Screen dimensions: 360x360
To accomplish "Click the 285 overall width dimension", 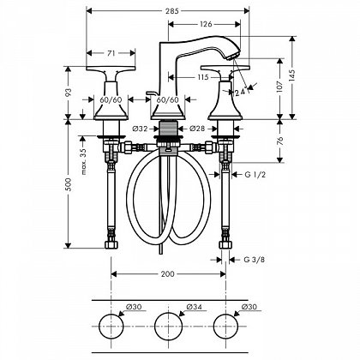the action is [171, 11].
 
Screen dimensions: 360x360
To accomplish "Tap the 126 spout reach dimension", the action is [206, 24].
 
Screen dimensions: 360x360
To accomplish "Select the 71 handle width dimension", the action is [111, 53].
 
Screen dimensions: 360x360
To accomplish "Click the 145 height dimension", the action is [292, 77].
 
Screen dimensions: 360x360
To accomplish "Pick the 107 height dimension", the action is [279, 86].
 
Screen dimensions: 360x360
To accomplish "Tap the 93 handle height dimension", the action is [68, 93].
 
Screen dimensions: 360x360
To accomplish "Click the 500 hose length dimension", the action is [68, 183].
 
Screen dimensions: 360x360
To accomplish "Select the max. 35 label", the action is [84, 161].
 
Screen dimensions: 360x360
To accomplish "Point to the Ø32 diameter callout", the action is [141, 129].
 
